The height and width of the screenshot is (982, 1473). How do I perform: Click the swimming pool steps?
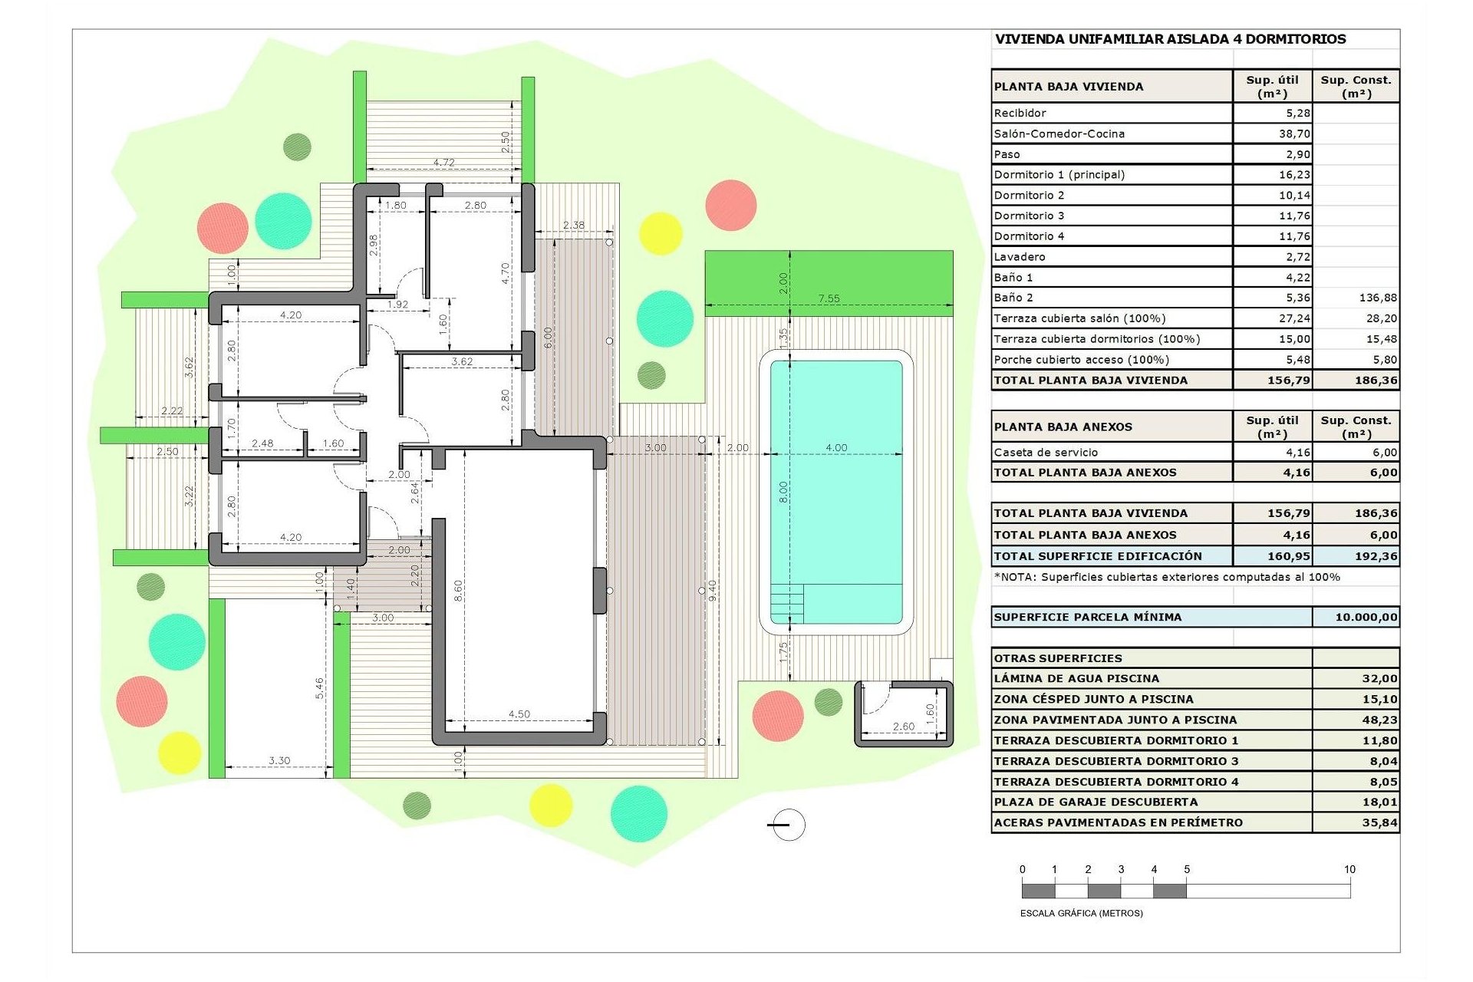point(787,603)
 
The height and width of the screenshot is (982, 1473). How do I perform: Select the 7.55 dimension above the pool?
point(829,298)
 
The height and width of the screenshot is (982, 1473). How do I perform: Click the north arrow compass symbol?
point(787,825)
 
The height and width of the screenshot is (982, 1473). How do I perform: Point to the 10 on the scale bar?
point(1349,869)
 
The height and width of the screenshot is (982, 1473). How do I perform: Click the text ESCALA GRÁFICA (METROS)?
point(1081,913)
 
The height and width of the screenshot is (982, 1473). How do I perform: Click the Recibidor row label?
point(1020,113)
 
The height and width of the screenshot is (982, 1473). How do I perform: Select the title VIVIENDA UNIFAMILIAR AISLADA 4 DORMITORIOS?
point(1170,39)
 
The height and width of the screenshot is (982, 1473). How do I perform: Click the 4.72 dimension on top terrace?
point(443,163)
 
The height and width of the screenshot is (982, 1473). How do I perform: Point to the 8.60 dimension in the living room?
point(458,590)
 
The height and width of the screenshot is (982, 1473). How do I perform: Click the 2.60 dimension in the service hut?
point(903,726)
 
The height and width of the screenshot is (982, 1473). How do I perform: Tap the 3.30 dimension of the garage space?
point(279,760)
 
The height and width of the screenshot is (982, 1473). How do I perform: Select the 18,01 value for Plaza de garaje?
point(1379,802)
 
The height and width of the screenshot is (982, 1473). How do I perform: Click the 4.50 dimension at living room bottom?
point(519,713)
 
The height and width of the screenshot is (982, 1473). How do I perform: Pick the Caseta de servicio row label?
point(1046,453)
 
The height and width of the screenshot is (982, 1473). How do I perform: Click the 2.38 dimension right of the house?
point(573,225)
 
